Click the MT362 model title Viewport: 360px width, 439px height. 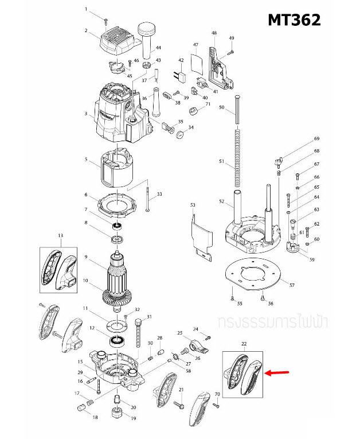pyautogui.click(x=295, y=20)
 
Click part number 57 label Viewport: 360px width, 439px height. pyautogui.click(x=292, y=285)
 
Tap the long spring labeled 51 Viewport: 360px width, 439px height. pyautogui.click(x=236, y=156)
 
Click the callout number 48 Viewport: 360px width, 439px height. pyautogui.click(x=214, y=33)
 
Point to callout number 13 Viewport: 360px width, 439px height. pyautogui.click(x=60, y=235)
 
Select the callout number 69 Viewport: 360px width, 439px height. pyautogui.click(x=316, y=139)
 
